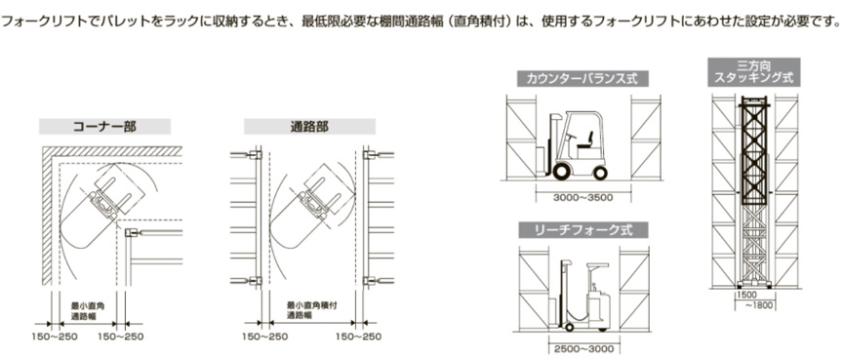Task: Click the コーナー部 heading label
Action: click(104, 127)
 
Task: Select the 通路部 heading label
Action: click(309, 127)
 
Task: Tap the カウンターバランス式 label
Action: click(583, 79)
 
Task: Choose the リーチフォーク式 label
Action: click(583, 230)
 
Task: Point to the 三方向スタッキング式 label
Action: click(753, 71)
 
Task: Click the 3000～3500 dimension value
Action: click(583, 197)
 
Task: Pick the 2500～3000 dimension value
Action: click(583, 349)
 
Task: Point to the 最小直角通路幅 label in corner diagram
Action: click(88, 310)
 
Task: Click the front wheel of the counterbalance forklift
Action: click(561, 172)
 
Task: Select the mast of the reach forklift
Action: click(565, 294)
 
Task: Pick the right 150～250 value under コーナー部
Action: click(121, 337)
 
